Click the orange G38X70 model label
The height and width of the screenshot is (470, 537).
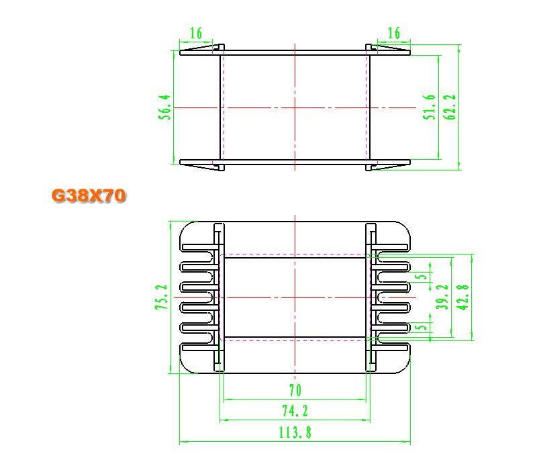coord(89,195)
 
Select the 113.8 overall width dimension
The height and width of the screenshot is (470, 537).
coord(295,432)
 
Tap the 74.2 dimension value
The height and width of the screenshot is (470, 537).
coord(295,411)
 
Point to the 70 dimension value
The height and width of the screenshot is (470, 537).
coord(295,390)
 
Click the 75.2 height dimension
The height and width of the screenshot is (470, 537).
coord(161,297)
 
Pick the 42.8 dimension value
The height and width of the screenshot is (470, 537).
coord(463,297)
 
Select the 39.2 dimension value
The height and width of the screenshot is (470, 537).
coord(442,297)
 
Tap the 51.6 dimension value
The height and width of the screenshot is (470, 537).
coord(429,107)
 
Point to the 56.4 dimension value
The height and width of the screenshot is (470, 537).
coord(164,107)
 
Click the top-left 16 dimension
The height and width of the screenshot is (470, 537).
coord(196,33)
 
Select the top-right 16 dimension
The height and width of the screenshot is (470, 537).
coord(394,33)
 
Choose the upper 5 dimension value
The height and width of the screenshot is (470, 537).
coord(423,276)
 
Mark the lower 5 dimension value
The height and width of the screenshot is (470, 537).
coord(423,327)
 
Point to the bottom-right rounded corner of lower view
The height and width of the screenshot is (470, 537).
coord(404,367)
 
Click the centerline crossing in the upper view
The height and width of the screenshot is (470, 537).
coord(295,107)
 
